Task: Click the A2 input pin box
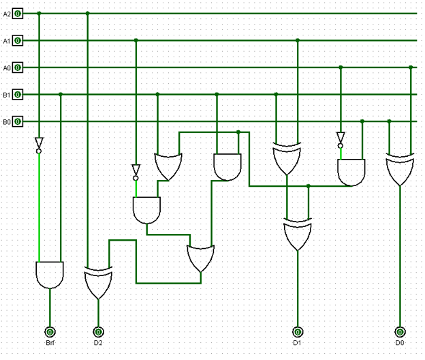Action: pyautogui.click(x=18, y=13)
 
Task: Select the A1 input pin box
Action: pyautogui.click(x=18, y=40)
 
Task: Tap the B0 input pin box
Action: pyautogui.click(x=18, y=121)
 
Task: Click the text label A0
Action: pyautogui.click(x=7, y=67)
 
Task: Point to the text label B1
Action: pyautogui.click(x=7, y=95)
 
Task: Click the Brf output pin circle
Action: pyautogui.click(x=50, y=331)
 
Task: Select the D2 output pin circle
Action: pyautogui.click(x=98, y=331)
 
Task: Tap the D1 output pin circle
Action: pyautogui.click(x=297, y=331)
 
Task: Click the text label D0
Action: pyautogui.click(x=399, y=342)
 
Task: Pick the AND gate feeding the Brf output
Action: pyautogui.click(x=49, y=274)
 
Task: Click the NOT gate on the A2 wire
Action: pyautogui.click(x=39, y=145)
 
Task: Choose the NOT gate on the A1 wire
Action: pyautogui.click(x=136, y=171)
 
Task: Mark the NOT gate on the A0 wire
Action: pyautogui.click(x=341, y=139)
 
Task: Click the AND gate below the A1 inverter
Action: pyautogui.click(x=146, y=210)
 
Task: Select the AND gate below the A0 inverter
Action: pyautogui.click(x=351, y=172)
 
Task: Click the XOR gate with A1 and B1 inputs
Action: pyautogui.click(x=287, y=159)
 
